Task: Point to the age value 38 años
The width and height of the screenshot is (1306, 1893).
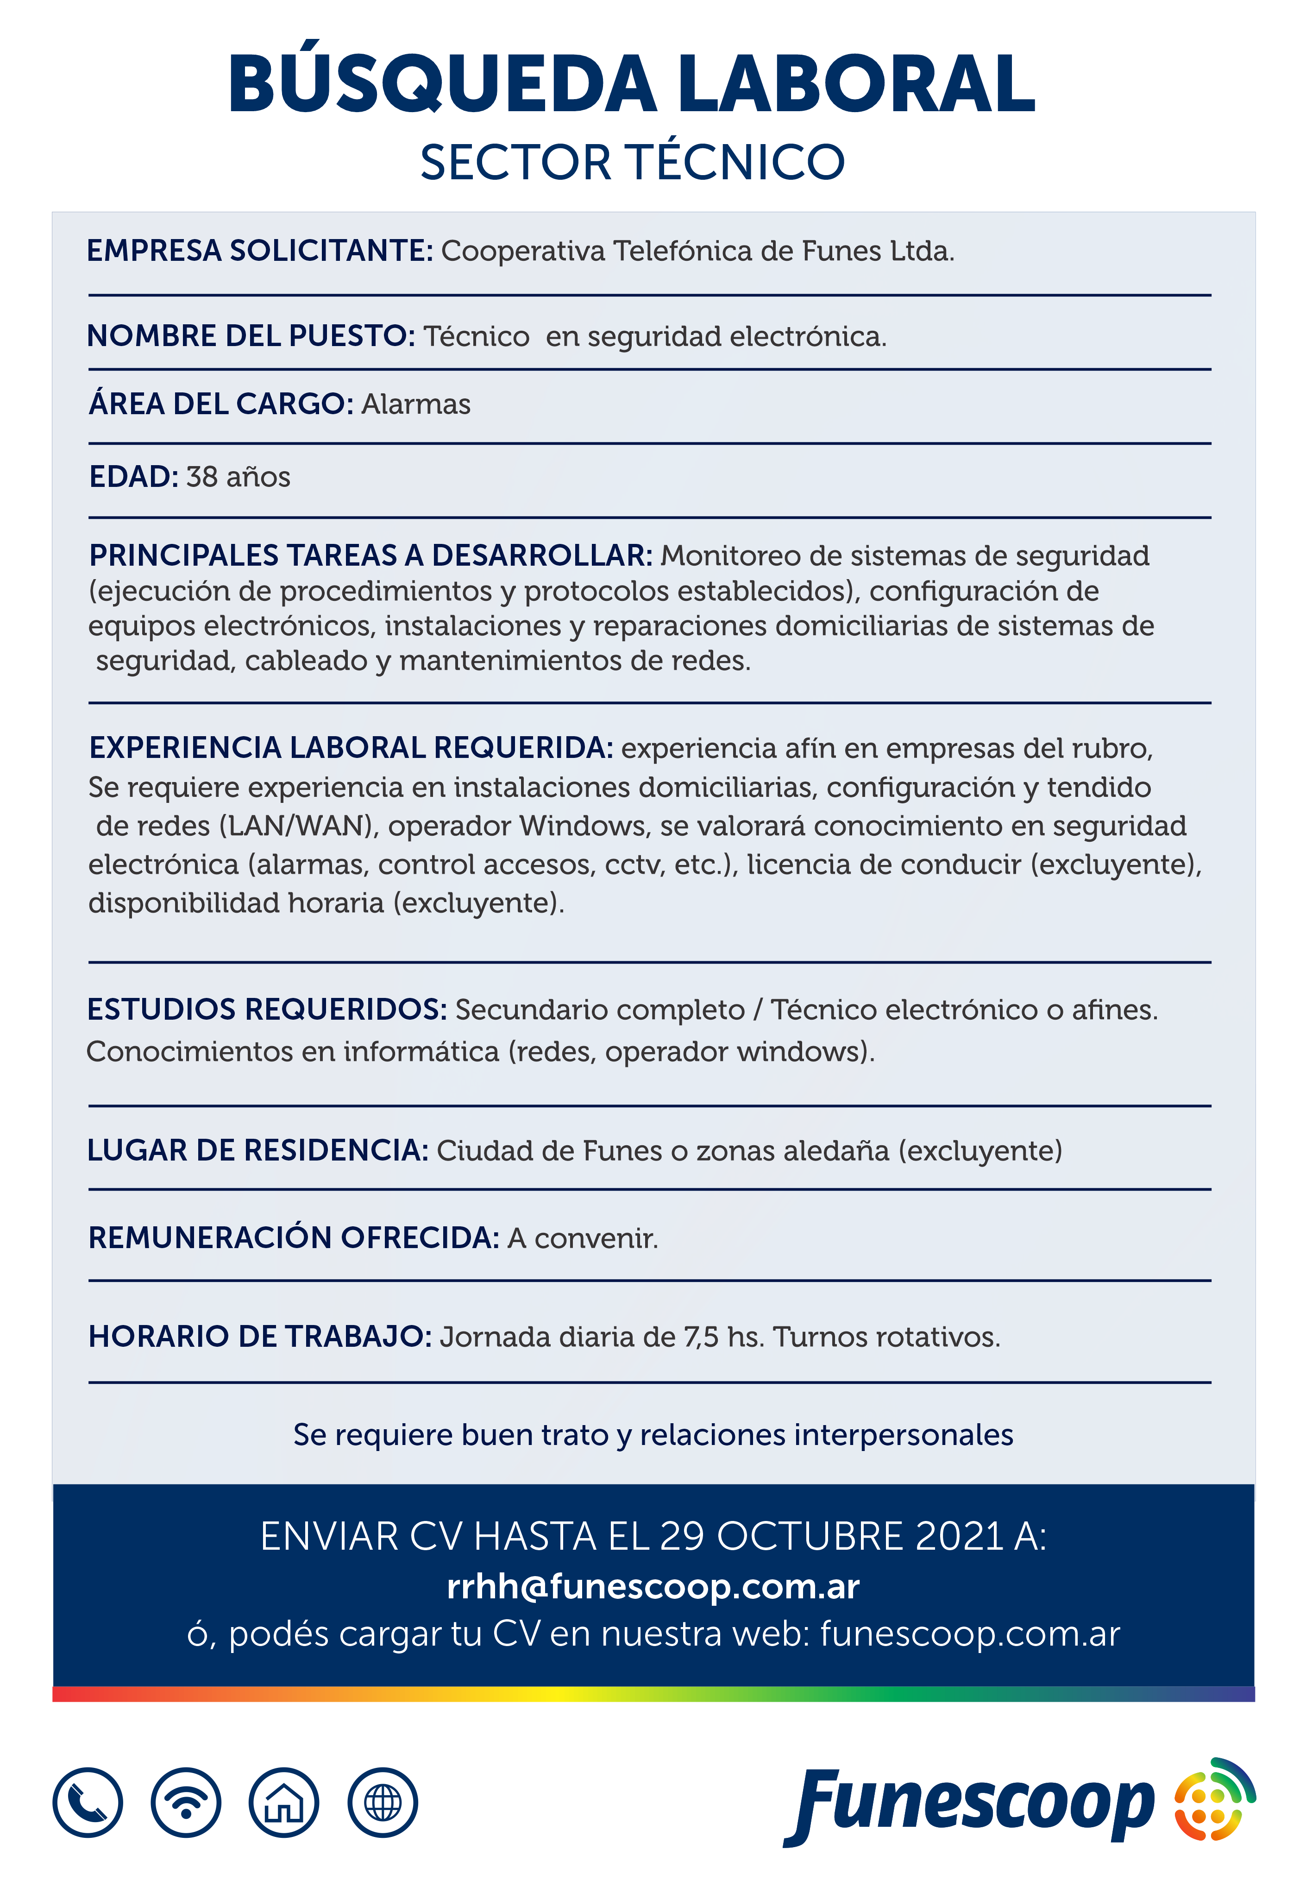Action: tap(238, 477)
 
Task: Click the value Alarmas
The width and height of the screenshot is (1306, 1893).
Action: tap(416, 404)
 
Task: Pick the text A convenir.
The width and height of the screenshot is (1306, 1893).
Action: tap(583, 1238)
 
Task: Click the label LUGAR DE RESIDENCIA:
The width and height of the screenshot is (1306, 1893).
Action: tap(258, 1151)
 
